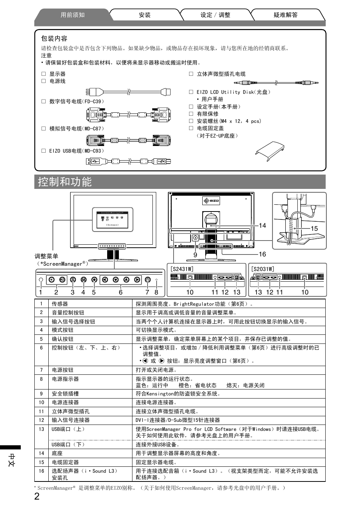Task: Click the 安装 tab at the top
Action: click(x=145, y=15)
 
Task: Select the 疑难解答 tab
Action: click(x=285, y=15)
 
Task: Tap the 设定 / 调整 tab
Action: click(x=215, y=15)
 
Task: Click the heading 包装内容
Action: click(x=54, y=38)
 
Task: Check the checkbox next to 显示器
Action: click(x=44, y=74)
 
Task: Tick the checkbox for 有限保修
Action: click(x=191, y=114)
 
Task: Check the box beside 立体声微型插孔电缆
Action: click(x=191, y=74)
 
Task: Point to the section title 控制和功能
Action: click(x=65, y=182)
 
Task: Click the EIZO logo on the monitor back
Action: click(x=211, y=201)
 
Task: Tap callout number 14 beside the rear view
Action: click(x=262, y=225)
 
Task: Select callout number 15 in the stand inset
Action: click(x=314, y=228)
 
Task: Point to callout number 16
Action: click(x=262, y=254)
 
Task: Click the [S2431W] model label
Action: click(x=182, y=269)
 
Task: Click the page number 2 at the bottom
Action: click(x=37, y=496)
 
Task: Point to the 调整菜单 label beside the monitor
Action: click(x=46, y=256)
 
